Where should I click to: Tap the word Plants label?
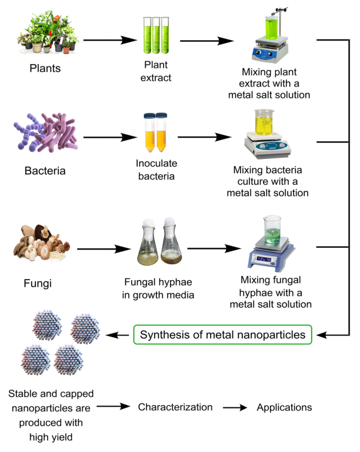[45, 68]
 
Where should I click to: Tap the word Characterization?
[175, 407]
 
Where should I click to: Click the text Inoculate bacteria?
[156, 169]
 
